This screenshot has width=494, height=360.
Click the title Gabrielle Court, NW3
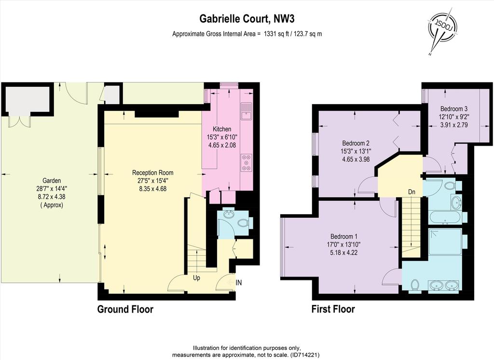[247, 19]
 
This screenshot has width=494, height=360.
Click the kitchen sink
[246, 111]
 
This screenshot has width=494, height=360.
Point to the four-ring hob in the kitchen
[247, 163]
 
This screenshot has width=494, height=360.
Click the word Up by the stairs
[196, 278]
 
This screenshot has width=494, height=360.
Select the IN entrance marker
[239, 283]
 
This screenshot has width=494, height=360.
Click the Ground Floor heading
[125, 309]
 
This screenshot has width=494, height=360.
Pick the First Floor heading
[333, 309]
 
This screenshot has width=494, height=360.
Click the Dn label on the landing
[412, 192]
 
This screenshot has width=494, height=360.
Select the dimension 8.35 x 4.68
[153, 189]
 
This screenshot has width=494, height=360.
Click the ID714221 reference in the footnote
[305, 355]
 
